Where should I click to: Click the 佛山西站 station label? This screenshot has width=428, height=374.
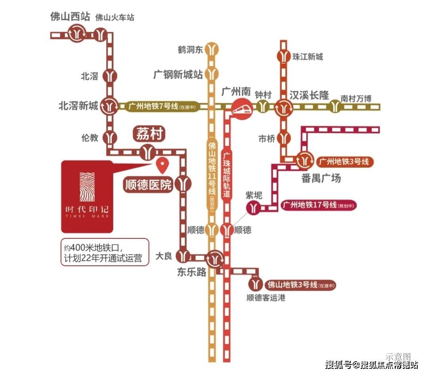tap(70, 17)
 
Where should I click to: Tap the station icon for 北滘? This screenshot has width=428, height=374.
tap(110, 76)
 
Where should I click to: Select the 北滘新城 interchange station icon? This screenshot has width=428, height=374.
tap(110, 106)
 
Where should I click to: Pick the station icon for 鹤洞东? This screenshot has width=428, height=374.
tap(213, 49)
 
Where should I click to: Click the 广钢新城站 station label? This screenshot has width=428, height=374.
tap(178, 74)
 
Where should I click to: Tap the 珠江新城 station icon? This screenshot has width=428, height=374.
tap(283, 56)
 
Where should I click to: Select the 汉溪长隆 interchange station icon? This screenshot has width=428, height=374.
tap(283, 107)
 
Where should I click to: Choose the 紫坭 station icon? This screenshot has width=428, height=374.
tap(254, 207)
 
